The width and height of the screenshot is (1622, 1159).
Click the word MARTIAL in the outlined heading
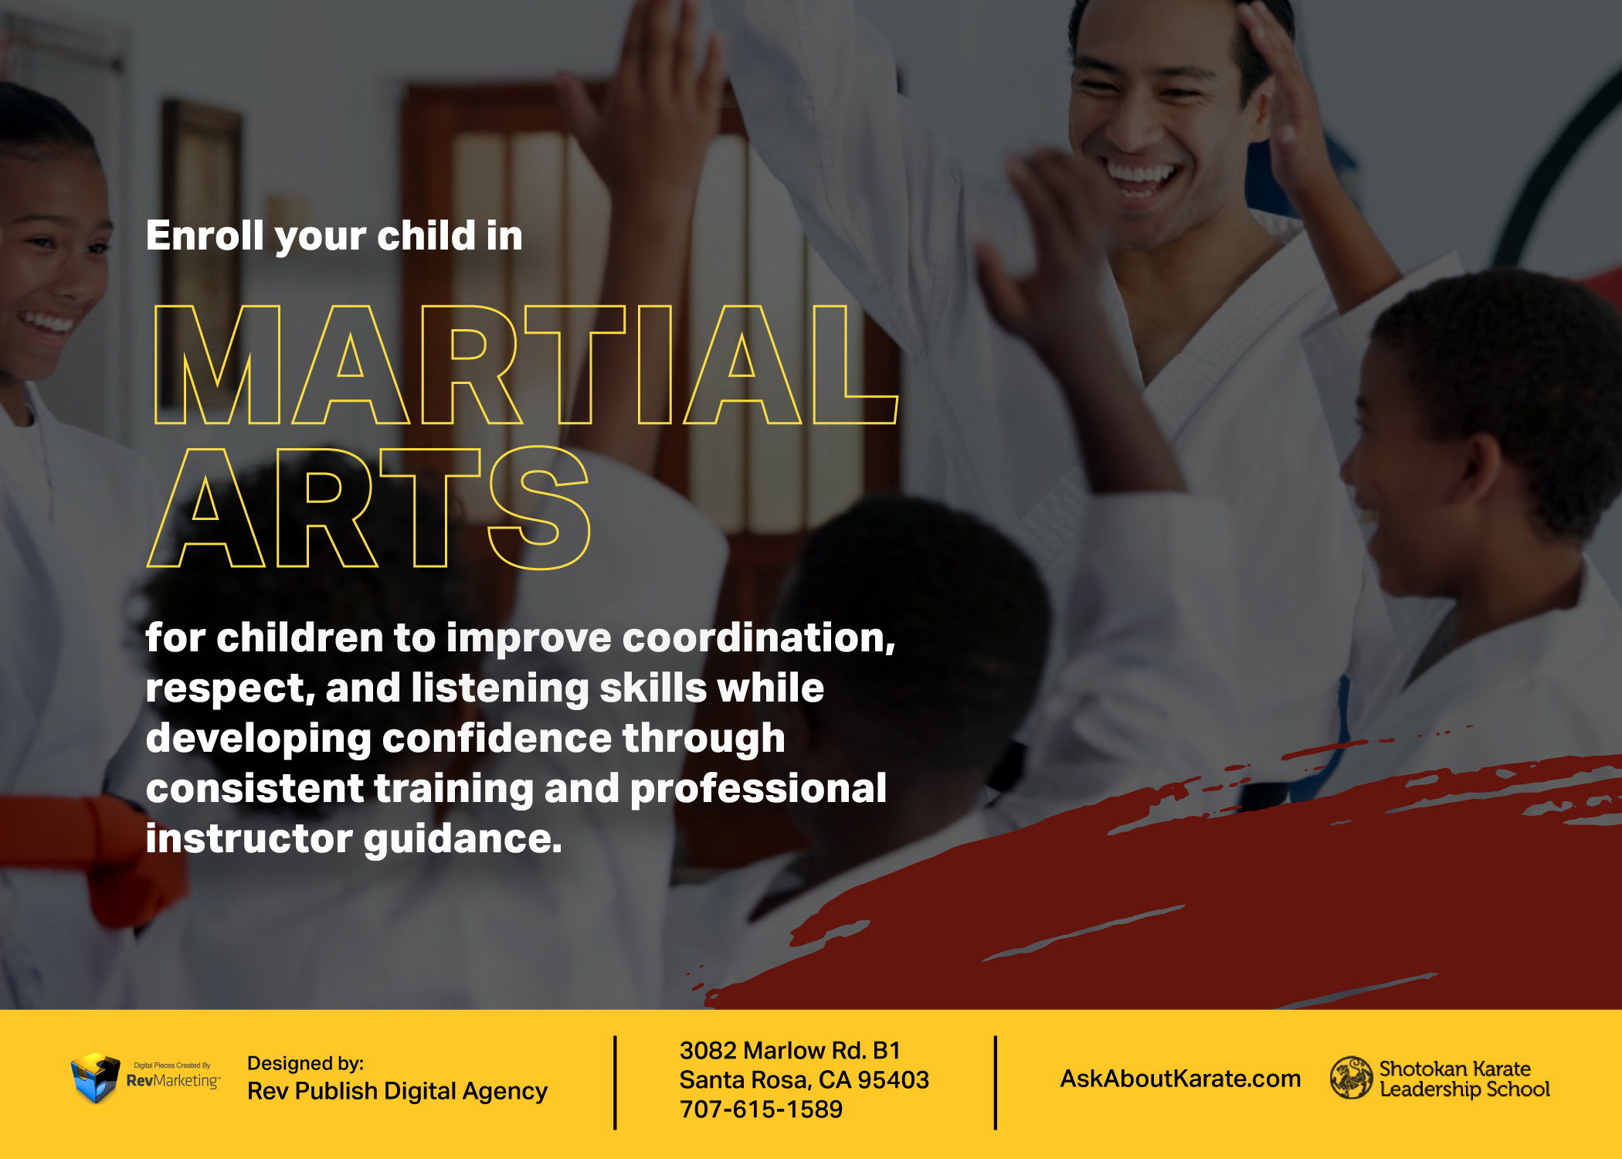point(525,365)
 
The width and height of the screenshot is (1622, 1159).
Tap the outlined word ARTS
point(368,508)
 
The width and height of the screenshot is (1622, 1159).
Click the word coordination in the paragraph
point(758,638)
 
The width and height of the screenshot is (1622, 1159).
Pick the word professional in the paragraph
point(758,790)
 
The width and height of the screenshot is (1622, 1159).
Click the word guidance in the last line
point(463,840)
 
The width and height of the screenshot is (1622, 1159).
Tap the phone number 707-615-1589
point(761,1110)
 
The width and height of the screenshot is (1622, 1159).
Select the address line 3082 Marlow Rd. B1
point(790,1050)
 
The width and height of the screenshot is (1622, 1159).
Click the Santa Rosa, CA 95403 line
point(804,1079)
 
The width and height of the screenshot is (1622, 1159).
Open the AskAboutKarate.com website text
point(1180,1079)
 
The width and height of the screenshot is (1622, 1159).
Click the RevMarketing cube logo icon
point(96,1077)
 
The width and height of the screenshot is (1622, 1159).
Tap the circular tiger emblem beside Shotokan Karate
point(1351,1078)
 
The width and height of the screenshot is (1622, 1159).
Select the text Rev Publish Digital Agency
point(397,1091)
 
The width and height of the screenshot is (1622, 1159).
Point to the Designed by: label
point(305,1063)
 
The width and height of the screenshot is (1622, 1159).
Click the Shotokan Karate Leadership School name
point(1464,1079)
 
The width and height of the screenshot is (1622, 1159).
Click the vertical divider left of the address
point(615,1083)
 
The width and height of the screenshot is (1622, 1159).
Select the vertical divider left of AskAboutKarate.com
point(996,1083)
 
